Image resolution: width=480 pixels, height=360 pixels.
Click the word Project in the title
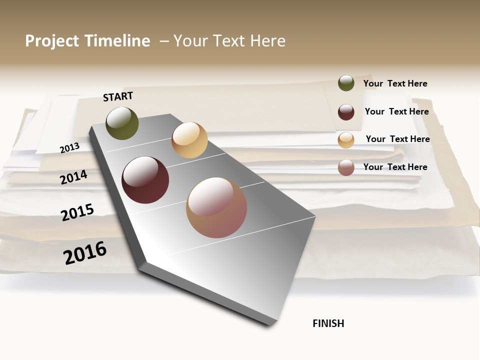(x=52, y=41)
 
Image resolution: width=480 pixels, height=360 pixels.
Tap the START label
(x=118, y=96)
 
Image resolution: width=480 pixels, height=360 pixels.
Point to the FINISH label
(x=328, y=323)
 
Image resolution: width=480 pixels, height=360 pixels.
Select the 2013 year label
(x=69, y=148)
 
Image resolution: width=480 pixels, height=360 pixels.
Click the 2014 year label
(x=74, y=177)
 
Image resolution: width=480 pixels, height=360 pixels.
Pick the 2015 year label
(x=77, y=212)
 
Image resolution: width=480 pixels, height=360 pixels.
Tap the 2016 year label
(x=85, y=252)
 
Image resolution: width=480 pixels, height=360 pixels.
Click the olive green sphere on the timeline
(x=122, y=123)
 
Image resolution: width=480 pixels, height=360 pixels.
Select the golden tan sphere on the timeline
(x=189, y=140)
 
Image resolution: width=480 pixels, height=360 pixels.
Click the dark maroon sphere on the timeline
(x=145, y=180)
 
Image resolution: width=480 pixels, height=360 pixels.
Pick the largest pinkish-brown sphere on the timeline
(x=216, y=207)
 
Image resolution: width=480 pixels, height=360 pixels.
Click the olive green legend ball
(x=346, y=83)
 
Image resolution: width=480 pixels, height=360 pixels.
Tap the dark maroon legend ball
(x=346, y=112)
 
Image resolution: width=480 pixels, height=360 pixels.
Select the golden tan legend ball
(x=346, y=140)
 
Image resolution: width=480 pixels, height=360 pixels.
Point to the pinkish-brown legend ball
(x=346, y=167)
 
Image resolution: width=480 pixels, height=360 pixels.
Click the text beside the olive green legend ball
(x=395, y=83)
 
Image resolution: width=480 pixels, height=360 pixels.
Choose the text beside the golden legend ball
(x=397, y=139)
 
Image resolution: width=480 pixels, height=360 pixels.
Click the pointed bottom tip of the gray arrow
(x=270, y=325)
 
